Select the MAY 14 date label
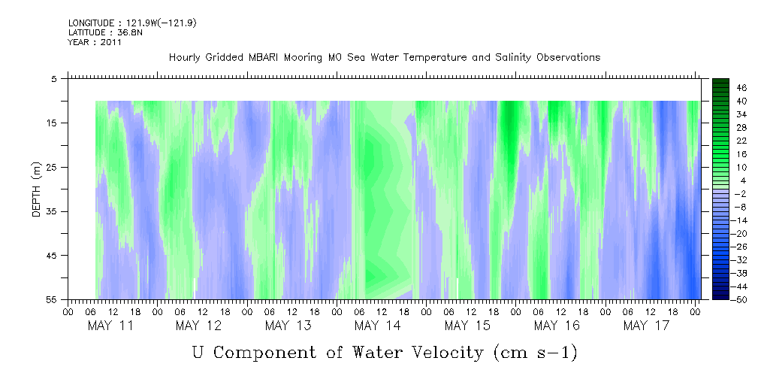click(378, 326)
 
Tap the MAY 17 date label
click(646, 326)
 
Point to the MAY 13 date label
click(288, 326)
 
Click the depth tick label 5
click(55, 78)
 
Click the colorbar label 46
click(741, 87)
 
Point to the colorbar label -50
click(740, 299)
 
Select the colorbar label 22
click(741, 141)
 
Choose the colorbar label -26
click(740, 247)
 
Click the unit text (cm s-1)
click(536, 352)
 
